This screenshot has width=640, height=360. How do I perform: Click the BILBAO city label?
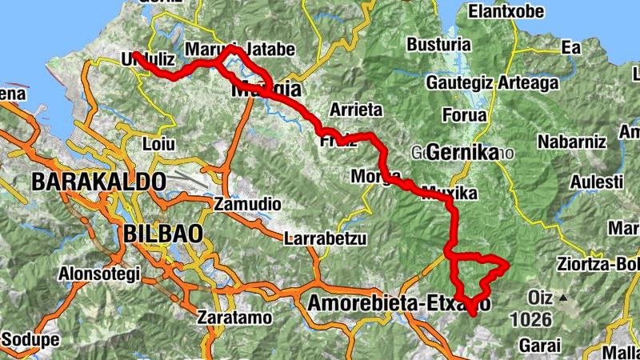point(163,234)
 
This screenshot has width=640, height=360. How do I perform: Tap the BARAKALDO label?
point(99,182)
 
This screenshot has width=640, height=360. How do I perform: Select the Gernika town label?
point(462,151)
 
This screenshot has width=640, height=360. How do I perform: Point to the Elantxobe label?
point(506,12)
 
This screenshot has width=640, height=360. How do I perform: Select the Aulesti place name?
point(594,182)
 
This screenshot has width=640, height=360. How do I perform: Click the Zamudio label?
point(247,205)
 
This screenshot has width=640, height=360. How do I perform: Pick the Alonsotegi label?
point(99,274)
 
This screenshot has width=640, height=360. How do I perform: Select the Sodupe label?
point(30,339)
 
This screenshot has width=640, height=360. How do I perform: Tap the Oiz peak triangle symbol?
point(563,298)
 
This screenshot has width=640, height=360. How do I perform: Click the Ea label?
point(571,48)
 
